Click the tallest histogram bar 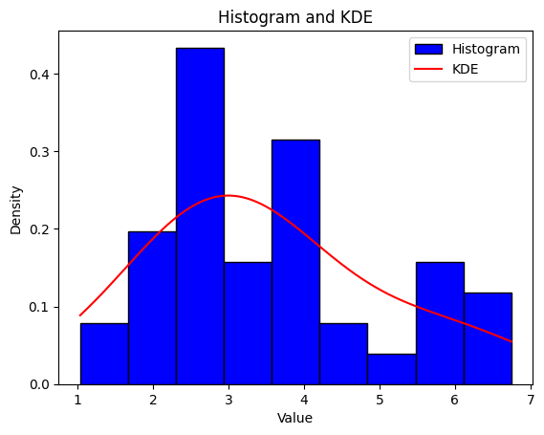[200, 216]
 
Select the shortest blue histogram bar [392, 369]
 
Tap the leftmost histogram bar [104, 354]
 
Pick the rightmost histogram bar [489, 338]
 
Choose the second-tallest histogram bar [296, 262]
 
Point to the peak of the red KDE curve [228, 196]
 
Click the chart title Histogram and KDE [295, 17]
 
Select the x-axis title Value [294, 418]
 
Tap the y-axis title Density [15, 210]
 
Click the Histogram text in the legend [486, 49]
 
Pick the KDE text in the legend [465, 69]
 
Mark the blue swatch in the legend [429, 50]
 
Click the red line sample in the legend [429, 69]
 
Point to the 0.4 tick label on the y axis [40, 75]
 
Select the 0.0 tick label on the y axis [40, 385]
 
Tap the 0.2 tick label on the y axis [40, 229]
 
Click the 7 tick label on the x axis [531, 400]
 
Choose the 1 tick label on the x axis [77, 400]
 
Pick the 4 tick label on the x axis [304, 400]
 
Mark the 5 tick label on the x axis [380, 400]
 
